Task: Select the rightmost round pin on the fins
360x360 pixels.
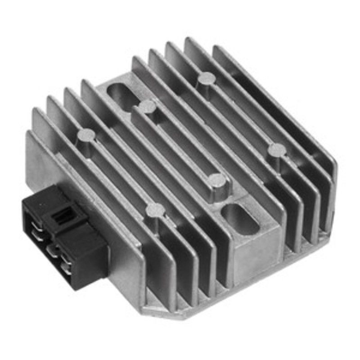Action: click(x=276, y=150)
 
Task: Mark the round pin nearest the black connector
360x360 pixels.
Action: click(x=155, y=209)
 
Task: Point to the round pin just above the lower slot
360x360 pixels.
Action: click(x=217, y=180)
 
